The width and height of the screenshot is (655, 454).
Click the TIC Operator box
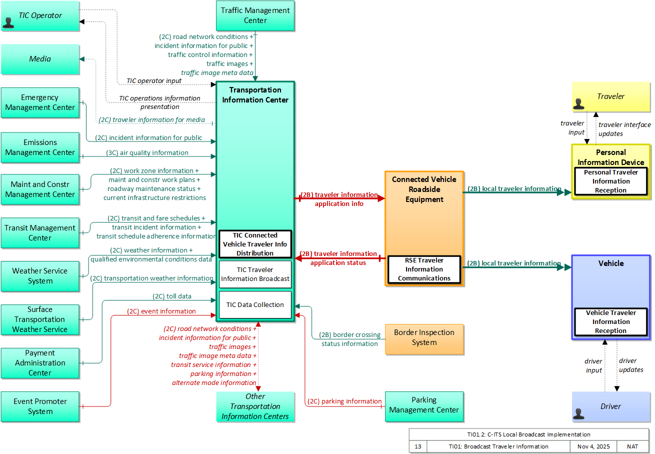click(x=40, y=15)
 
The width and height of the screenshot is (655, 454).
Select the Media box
click(x=40, y=59)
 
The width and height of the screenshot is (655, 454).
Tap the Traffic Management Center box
click(x=255, y=15)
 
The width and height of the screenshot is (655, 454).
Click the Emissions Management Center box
click(x=40, y=147)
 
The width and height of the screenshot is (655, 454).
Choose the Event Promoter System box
click(x=40, y=406)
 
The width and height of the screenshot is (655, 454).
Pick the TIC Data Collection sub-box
click(x=255, y=304)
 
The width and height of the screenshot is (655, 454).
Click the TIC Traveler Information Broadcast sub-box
click(x=255, y=274)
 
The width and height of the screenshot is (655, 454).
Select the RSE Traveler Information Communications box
click(x=424, y=269)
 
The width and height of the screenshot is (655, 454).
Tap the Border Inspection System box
click(x=424, y=339)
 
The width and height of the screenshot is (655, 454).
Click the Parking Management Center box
click(x=424, y=406)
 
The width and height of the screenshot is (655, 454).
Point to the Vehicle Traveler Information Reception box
click(x=611, y=322)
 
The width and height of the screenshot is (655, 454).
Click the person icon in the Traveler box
click(x=578, y=104)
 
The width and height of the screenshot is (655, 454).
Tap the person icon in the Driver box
click(x=578, y=413)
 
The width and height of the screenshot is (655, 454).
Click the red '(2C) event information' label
click(x=161, y=311)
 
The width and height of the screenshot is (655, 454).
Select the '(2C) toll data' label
click(x=172, y=296)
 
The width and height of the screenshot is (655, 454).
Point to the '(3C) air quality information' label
click(x=147, y=152)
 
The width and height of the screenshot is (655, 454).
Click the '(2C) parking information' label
click(x=344, y=401)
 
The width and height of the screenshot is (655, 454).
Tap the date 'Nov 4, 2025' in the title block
click(x=593, y=446)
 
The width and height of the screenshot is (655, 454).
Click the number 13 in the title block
click(x=418, y=446)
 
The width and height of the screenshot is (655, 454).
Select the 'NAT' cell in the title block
click(x=632, y=446)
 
